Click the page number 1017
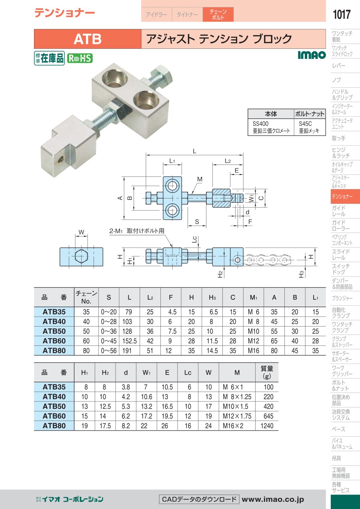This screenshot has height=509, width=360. click(x=342, y=14)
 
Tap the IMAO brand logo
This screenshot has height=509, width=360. click(x=312, y=55)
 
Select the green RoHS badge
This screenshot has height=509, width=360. click(x=80, y=58)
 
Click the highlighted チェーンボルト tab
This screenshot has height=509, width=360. click(x=218, y=14)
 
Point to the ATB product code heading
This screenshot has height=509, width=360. click(x=88, y=39)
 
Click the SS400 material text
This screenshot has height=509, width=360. click(x=260, y=124)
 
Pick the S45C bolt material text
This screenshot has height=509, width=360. click(x=305, y=124)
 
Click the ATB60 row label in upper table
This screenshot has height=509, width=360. click(x=54, y=341)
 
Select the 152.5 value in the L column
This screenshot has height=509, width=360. click(x=130, y=341)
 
